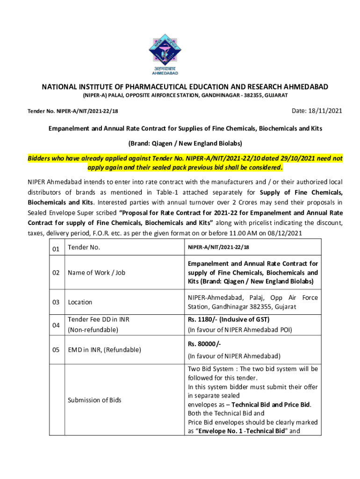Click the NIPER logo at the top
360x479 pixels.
coord(165,51)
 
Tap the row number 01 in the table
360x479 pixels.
coord(56,249)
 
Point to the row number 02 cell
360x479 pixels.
coord(56,272)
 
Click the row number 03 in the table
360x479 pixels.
coord(56,302)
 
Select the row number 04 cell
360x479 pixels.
coord(56,325)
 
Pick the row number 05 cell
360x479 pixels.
coord(56,349)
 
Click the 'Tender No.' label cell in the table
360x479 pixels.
coord(84,247)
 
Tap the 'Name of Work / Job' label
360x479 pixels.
coord(96,272)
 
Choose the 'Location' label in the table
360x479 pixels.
coord(80,302)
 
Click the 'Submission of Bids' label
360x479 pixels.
coord(94,400)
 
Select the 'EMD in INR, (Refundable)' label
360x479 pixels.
coord(104,349)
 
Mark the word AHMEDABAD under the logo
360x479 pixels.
coord(165,73)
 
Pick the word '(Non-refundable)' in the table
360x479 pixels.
coord(93,330)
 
